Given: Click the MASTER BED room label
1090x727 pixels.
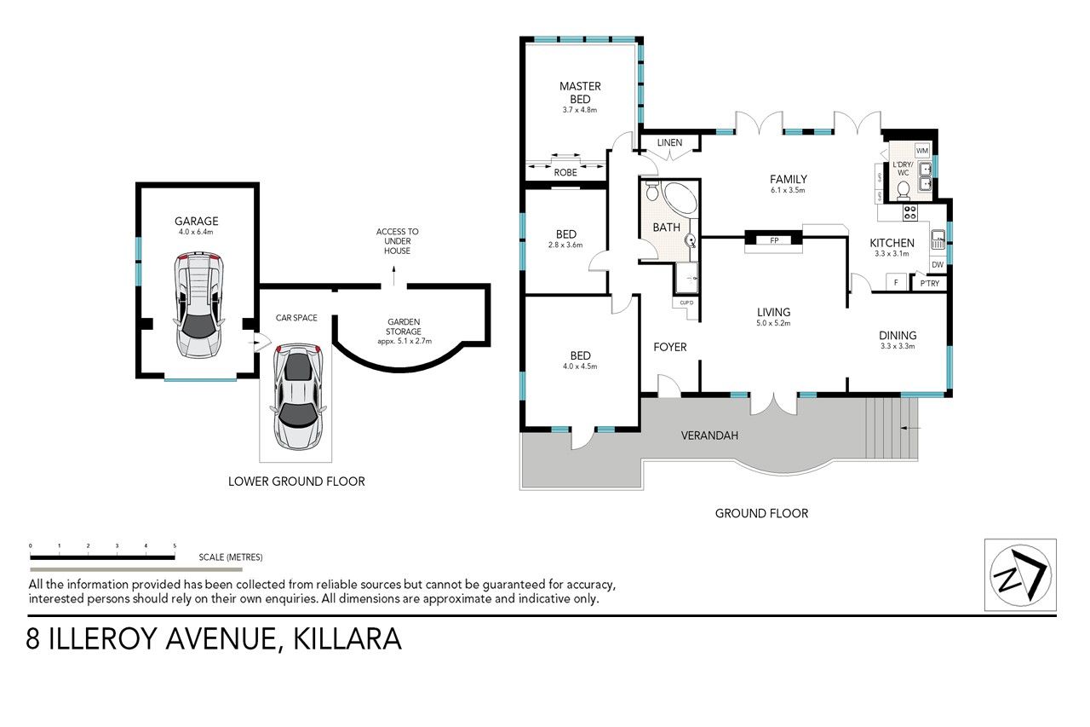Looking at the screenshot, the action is (580, 93).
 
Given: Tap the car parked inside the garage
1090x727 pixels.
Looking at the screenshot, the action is (199, 305).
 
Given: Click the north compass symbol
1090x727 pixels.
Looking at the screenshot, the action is (1020, 574).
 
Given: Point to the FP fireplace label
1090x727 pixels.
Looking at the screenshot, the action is (774, 240).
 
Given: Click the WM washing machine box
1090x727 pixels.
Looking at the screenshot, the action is (922, 151).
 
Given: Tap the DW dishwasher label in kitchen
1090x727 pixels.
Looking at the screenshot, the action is (938, 265).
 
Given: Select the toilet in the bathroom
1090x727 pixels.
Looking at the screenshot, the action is (652, 191).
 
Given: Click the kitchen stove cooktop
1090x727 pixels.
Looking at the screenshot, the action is (909, 213).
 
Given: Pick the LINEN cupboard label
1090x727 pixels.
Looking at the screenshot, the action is (669, 142).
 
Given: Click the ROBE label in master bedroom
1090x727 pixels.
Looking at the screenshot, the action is (565, 172).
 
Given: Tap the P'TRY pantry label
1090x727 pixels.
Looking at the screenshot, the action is (929, 284).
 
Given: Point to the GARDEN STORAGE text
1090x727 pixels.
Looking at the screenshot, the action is (404, 326).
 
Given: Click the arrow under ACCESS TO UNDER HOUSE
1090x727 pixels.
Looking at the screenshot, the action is (393, 274).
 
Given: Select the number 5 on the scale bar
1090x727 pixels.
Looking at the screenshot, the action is (175, 545).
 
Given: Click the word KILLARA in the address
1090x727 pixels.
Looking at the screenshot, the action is (347, 639).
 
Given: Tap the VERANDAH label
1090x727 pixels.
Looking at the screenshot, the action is (709, 436).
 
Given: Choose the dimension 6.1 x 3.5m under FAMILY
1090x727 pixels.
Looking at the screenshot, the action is (788, 190).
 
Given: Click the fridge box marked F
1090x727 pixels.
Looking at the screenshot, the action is (896, 282).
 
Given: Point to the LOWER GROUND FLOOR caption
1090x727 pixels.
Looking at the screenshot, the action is (296, 482).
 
